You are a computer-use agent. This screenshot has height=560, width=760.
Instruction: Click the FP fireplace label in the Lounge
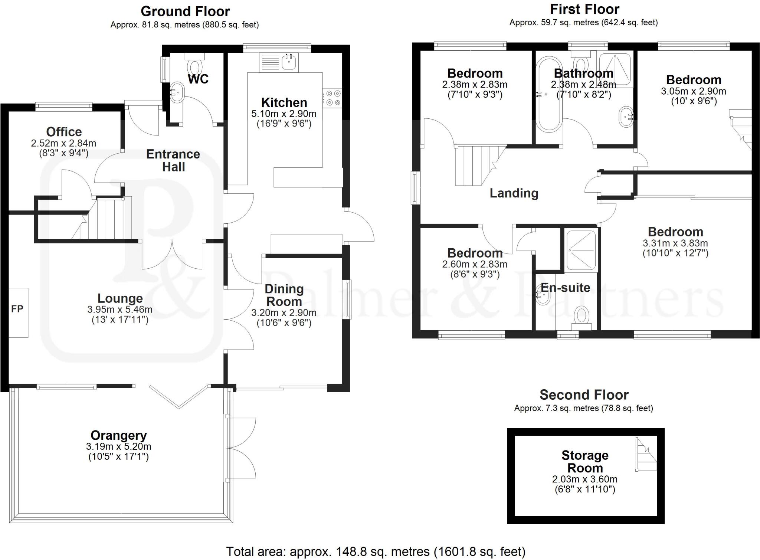17,309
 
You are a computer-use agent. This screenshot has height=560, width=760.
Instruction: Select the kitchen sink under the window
289,62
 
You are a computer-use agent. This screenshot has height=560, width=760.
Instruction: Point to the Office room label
64,132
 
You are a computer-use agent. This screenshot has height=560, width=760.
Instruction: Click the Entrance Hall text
173,160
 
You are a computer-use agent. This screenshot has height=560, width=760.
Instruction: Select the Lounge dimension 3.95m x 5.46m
120,309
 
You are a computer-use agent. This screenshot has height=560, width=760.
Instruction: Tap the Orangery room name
119,435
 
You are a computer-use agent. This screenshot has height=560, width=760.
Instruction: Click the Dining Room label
284,295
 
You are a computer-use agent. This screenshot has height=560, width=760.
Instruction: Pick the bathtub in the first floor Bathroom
549,94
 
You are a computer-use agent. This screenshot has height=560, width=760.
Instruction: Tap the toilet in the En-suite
581,318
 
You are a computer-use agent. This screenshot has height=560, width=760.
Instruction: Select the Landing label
514,193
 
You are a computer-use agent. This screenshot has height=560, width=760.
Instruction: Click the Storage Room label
585,461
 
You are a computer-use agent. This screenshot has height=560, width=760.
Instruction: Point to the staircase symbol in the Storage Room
646,455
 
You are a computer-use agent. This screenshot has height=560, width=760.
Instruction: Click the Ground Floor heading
185,11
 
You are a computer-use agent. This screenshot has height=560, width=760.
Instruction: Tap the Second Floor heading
584,394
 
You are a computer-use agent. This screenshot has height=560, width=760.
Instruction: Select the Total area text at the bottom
376,551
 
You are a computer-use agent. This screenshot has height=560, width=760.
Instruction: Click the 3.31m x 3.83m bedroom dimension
675,243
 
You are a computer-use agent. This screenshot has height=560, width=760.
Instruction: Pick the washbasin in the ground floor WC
177,91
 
